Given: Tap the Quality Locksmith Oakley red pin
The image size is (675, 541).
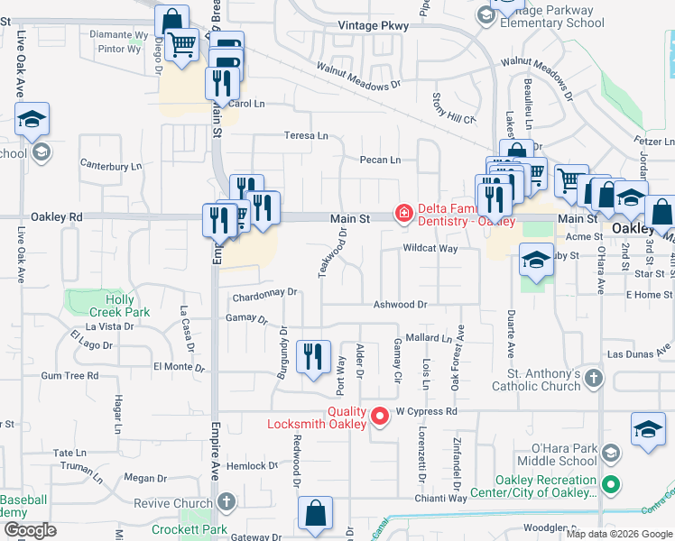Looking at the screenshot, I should point(380,416).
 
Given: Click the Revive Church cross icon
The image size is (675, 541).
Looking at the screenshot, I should point(226,501).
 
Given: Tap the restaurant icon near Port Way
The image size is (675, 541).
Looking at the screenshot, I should point(313,355).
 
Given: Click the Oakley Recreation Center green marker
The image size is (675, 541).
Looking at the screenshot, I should point(612,484).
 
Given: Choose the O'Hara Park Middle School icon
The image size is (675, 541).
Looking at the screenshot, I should point(611,453).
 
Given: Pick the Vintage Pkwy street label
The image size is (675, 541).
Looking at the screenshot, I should point(373,26).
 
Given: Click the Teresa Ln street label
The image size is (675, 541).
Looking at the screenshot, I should point(307,135).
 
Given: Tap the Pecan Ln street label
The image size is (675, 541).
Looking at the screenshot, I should point(379,160).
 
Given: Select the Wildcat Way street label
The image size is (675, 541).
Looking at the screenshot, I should point(430,247).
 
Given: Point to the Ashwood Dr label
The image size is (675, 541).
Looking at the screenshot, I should point(400,305).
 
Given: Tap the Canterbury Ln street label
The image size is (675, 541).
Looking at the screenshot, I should point(112,165).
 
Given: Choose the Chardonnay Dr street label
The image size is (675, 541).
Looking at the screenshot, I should point(264,292).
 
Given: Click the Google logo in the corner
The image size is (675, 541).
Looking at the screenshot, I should point(30,530).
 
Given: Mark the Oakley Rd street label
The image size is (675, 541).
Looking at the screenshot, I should point(56,216).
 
